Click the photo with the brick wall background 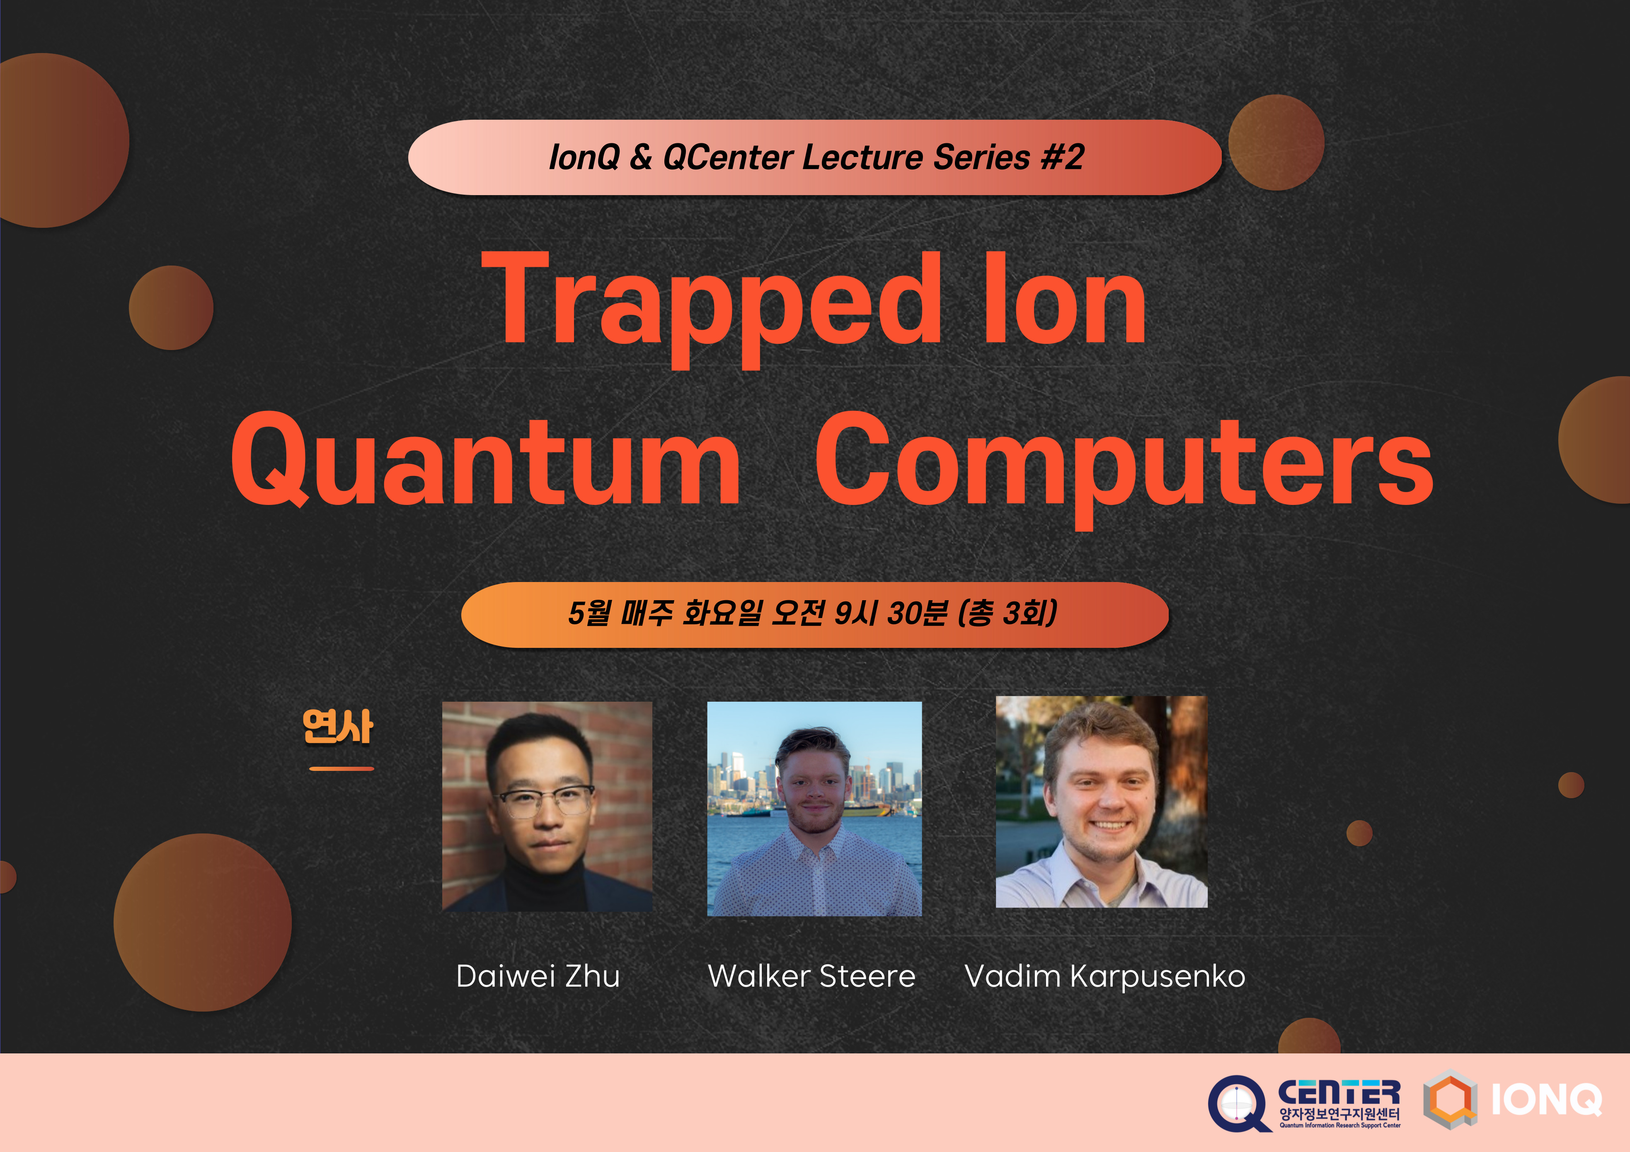547,807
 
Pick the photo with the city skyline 814,809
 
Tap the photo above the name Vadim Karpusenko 1101,802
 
